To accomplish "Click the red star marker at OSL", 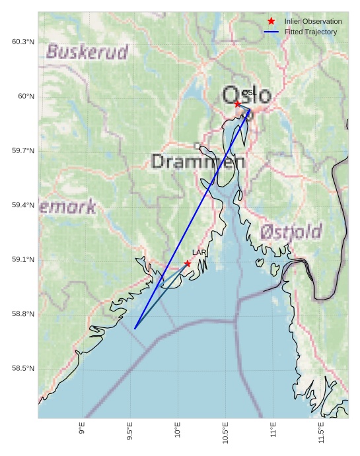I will [x=238, y=104].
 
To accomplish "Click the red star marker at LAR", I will [x=188, y=263].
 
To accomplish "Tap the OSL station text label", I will [x=249, y=93].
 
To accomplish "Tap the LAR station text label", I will [x=199, y=253].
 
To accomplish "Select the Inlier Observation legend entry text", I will [x=313, y=22].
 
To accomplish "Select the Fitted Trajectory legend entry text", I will [x=310, y=32].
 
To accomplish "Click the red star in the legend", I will [x=271, y=22].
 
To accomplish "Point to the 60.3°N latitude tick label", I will [x=23, y=42].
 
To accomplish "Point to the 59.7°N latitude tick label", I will [x=23, y=151].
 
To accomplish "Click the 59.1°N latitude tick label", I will [x=23, y=260].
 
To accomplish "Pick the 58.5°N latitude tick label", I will [x=23, y=368].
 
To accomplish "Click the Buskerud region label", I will [x=87, y=52].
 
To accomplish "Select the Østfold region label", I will [x=291, y=232].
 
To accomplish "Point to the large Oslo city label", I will [x=247, y=96].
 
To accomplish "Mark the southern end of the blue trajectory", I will [x=135, y=329].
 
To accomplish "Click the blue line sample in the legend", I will [x=271, y=32].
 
